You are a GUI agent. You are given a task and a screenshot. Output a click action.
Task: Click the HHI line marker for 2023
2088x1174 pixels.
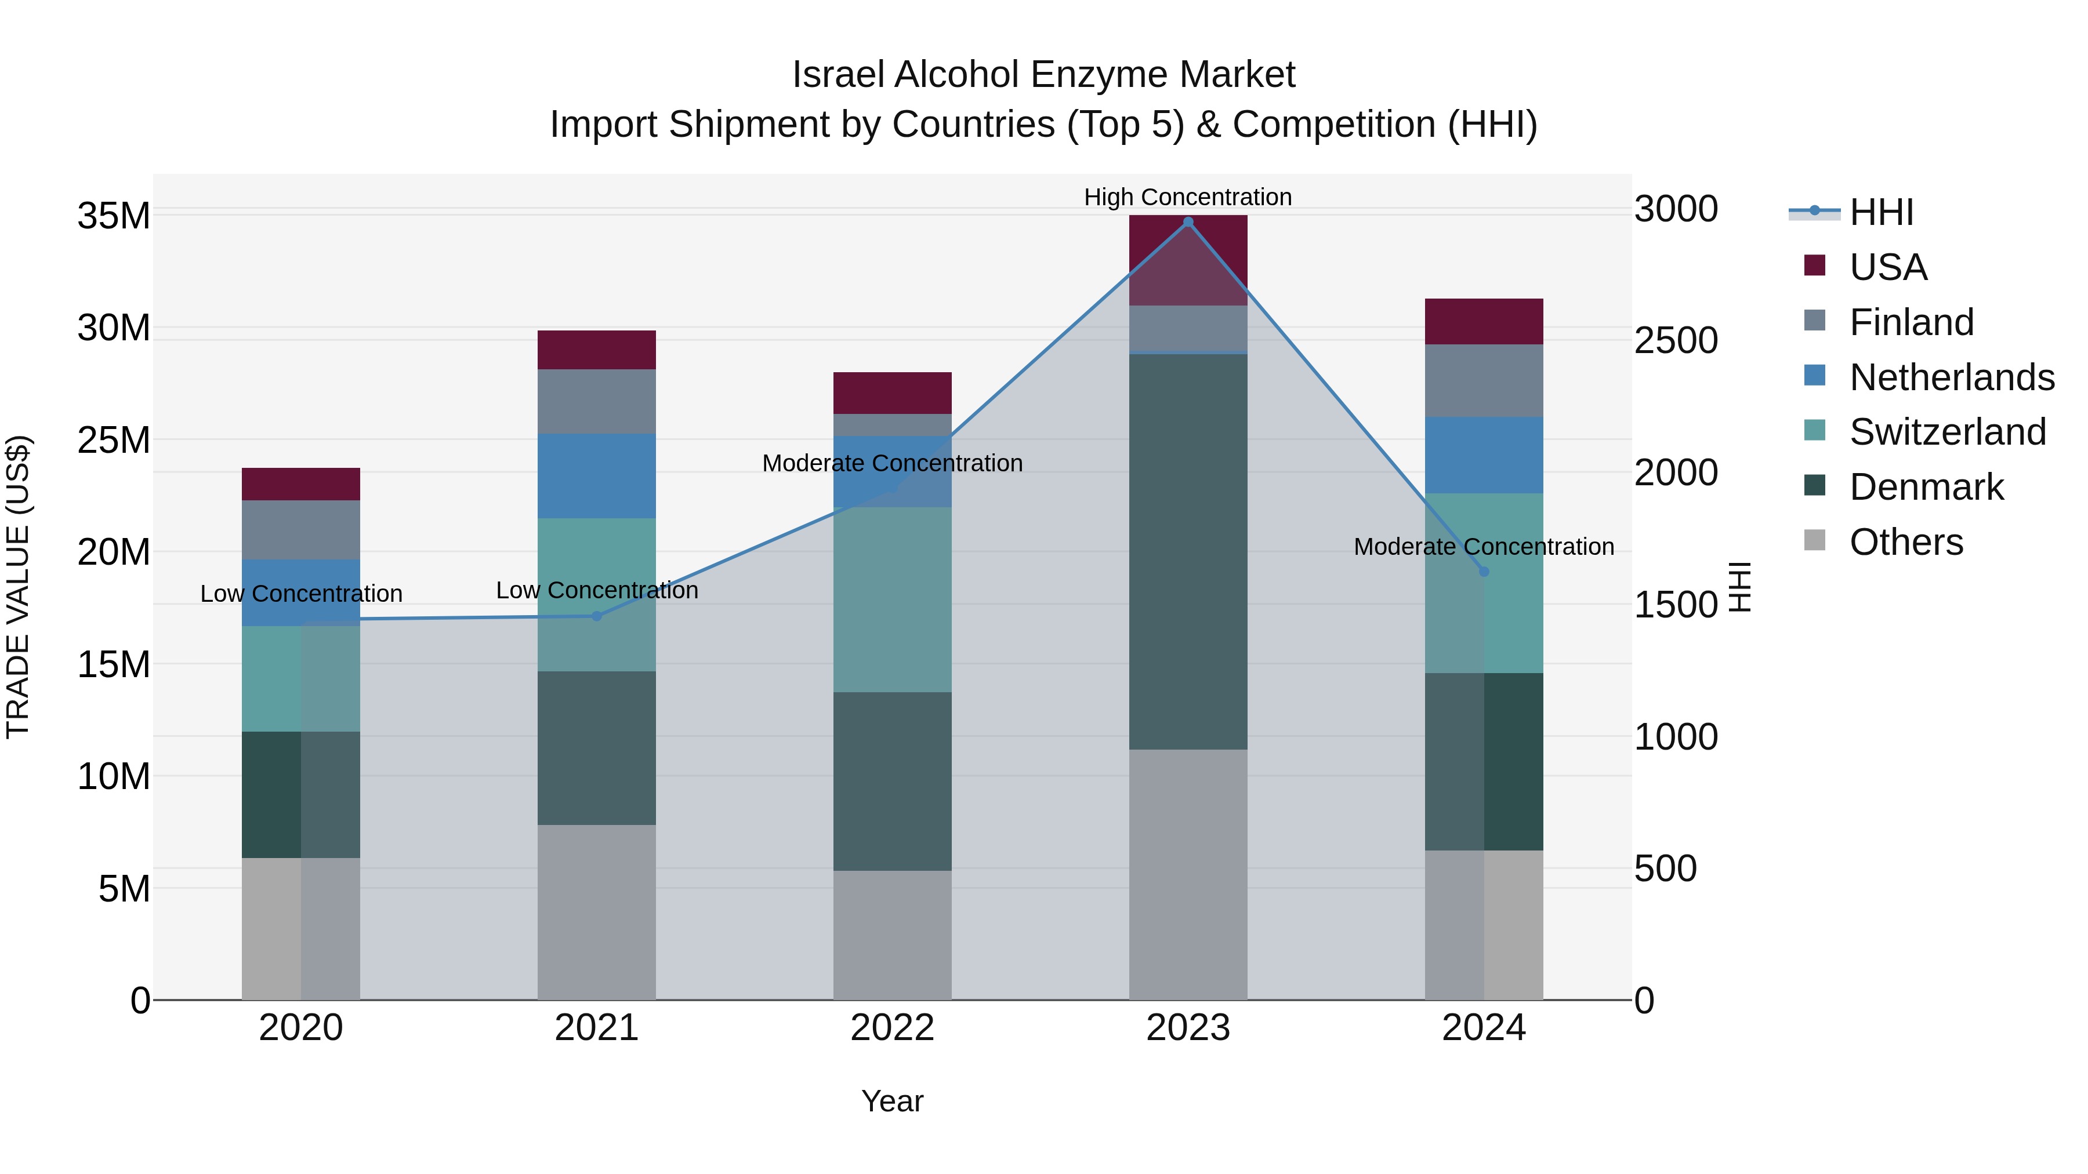[1188, 222]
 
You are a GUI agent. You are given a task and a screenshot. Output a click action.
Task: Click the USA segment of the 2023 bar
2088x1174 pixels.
[1188, 259]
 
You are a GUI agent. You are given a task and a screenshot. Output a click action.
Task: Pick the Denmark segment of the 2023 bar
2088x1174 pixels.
[1188, 551]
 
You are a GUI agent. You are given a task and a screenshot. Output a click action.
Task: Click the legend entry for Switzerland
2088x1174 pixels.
[1947, 432]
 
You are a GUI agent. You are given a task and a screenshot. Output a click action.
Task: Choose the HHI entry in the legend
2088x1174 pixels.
[1880, 212]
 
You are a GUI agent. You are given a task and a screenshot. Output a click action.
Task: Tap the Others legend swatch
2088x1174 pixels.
[1815, 540]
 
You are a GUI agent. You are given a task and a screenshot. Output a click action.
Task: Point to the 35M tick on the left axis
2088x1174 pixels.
[114, 216]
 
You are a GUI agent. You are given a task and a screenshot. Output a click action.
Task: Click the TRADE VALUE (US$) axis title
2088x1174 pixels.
[18, 587]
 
